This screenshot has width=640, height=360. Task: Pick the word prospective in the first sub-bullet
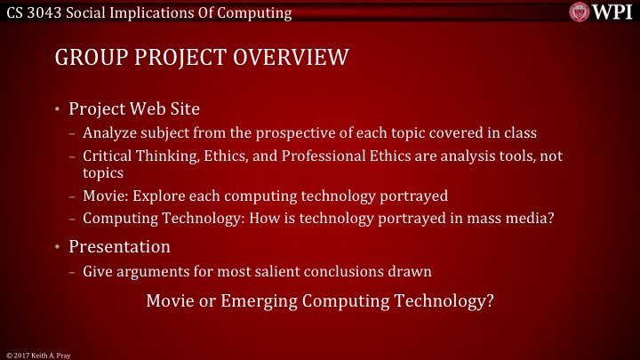point(251,133)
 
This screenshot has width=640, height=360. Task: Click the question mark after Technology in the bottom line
point(491,300)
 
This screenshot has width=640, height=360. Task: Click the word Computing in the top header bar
point(259,12)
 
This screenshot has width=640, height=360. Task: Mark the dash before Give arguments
point(71,268)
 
